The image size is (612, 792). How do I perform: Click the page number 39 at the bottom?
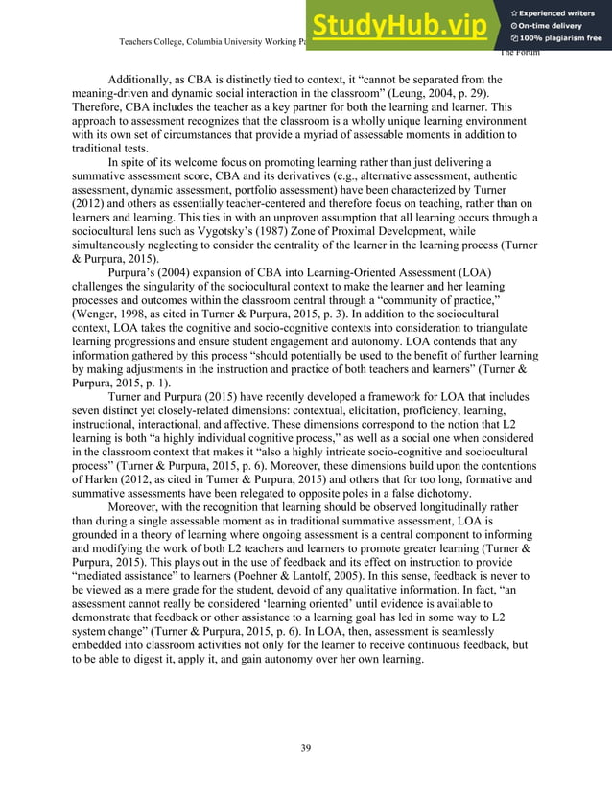(305, 748)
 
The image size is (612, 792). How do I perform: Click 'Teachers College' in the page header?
(153, 42)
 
